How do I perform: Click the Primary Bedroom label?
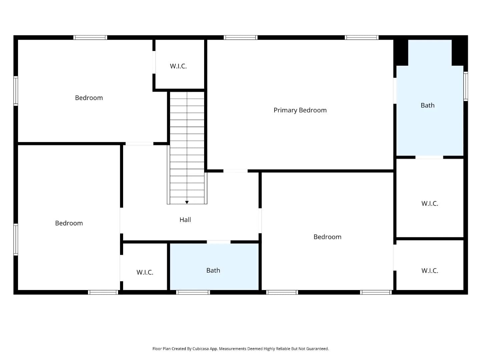300,110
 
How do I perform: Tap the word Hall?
185,220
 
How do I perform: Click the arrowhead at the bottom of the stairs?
187,202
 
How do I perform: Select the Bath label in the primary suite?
428,105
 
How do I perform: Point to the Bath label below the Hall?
213,270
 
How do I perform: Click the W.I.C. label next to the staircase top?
178,66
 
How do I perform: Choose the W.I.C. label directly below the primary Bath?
430,203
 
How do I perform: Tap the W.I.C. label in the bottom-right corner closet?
430,271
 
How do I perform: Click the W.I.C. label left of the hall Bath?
145,272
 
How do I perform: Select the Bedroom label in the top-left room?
89,98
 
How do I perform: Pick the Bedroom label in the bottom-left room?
69,223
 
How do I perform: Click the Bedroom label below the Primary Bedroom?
327,237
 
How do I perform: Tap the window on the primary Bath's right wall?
466,86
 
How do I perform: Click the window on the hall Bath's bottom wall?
193,292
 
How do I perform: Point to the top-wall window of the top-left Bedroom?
90,37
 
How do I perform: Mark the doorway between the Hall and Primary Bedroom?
235,171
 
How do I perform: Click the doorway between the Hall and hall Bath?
219,242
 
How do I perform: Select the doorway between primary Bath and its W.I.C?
429,157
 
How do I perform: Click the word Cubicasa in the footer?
201,349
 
